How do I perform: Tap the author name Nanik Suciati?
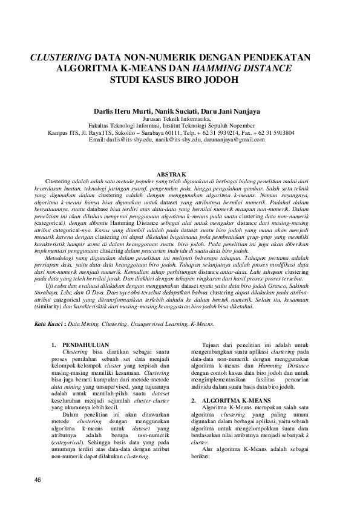tap(178, 112)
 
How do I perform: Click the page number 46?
tap(38, 479)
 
